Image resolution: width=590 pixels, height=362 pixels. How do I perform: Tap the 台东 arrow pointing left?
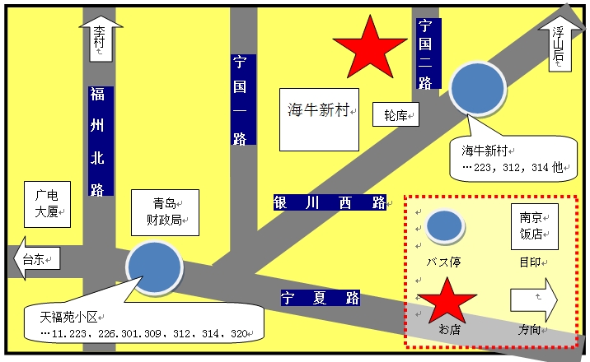pos(36,258)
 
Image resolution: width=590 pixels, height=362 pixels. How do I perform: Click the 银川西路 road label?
pos(330,202)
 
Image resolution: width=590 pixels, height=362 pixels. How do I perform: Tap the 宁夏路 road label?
pos(321,298)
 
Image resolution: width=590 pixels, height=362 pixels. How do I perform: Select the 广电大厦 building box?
pos(48,204)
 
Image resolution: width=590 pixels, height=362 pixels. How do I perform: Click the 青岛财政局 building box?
pos(165,212)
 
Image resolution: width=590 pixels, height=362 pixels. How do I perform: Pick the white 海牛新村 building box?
pos(319,120)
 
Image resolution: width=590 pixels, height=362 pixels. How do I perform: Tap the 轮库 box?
pos(396,114)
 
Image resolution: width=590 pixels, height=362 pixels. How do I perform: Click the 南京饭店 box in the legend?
pos(535,226)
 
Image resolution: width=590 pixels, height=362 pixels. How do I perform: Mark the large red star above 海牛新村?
pos(370,48)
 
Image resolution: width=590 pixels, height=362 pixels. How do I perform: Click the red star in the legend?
pos(447,301)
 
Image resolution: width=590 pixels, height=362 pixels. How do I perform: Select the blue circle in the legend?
pos(445,226)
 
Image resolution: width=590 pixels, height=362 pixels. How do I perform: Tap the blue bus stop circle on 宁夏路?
pos(154,267)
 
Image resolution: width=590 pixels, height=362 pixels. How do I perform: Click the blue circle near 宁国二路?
pos(478,88)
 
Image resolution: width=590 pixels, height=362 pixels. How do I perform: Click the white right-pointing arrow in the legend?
pos(534,299)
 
